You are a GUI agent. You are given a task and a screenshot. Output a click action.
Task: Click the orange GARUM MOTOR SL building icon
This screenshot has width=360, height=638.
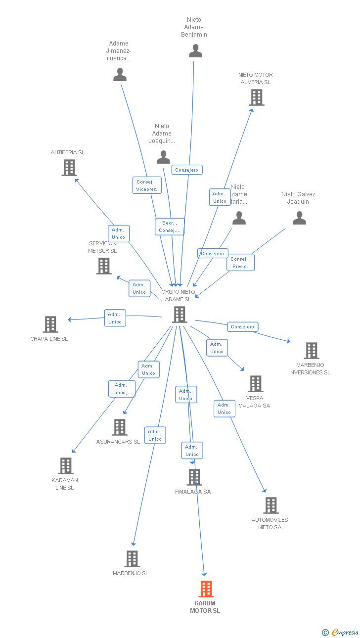[x=206, y=589]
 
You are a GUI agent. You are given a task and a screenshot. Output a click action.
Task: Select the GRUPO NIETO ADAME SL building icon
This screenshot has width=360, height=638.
[x=179, y=315]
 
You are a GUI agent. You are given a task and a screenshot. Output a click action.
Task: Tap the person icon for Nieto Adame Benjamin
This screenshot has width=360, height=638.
[x=195, y=51]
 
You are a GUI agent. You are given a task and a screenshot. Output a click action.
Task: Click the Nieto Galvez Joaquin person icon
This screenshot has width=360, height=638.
[x=299, y=218]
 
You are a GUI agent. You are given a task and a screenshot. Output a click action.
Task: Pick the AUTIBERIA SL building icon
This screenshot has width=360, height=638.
[x=69, y=168]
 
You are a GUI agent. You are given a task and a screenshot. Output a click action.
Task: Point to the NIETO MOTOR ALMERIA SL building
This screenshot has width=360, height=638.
[x=257, y=97]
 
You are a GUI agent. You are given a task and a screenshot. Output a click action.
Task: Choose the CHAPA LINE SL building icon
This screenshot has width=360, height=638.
[x=50, y=324]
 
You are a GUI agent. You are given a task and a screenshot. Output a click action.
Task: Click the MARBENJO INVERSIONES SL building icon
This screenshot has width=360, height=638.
[x=311, y=351]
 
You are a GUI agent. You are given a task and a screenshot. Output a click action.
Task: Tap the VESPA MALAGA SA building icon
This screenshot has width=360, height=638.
[x=255, y=384]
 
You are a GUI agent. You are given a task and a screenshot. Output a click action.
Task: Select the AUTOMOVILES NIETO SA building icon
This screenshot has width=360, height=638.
[x=270, y=505]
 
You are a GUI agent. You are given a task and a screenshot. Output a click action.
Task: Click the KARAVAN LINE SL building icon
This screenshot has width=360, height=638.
[x=66, y=466]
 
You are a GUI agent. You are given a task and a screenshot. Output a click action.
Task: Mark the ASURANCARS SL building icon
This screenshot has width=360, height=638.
[x=120, y=427]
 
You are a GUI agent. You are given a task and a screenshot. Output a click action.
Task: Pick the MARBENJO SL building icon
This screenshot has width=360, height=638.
[x=132, y=559]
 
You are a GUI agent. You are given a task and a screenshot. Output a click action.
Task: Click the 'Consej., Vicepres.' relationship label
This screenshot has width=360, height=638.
[x=147, y=185]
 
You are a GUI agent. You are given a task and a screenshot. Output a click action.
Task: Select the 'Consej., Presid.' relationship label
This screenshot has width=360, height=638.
[x=241, y=263]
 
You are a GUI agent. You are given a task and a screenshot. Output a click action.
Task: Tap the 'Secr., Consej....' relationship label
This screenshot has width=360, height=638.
[x=170, y=227]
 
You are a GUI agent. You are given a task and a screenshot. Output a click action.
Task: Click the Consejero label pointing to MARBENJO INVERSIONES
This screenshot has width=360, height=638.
[x=243, y=327]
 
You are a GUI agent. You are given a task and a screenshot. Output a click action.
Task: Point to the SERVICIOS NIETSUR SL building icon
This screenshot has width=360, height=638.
[x=104, y=266]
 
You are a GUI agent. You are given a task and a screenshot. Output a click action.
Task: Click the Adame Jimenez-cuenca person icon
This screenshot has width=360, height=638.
[x=120, y=75]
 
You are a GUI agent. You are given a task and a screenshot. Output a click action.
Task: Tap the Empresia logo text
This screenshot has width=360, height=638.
[x=346, y=632]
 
